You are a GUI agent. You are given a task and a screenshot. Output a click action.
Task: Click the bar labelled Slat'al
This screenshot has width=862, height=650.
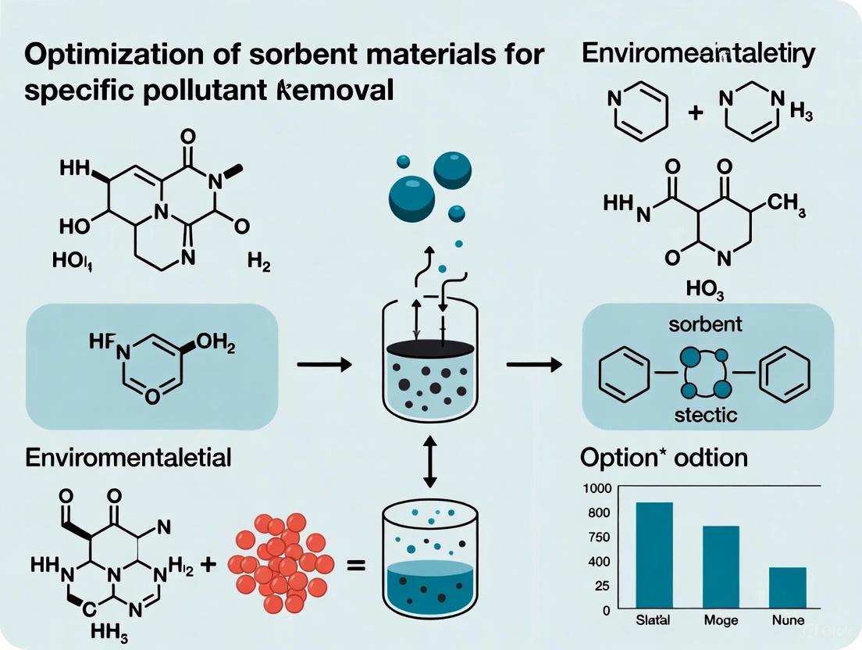click(654, 555)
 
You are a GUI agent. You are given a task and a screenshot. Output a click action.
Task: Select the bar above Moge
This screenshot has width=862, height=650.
click(721, 567)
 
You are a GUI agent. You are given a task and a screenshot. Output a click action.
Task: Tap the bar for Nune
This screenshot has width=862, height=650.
click(787, 587)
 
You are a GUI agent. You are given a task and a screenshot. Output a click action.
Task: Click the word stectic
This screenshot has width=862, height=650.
click(705, 414)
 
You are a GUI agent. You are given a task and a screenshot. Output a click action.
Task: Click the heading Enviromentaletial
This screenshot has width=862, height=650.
click(129, 457)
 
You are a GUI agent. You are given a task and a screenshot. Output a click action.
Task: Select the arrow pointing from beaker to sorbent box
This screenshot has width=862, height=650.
click(533, 364)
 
